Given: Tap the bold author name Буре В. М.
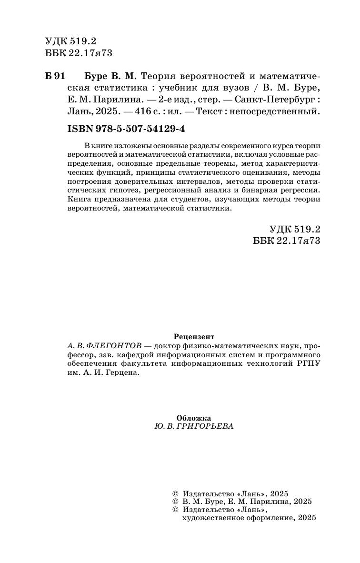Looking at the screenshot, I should click(x=110, y=76).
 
